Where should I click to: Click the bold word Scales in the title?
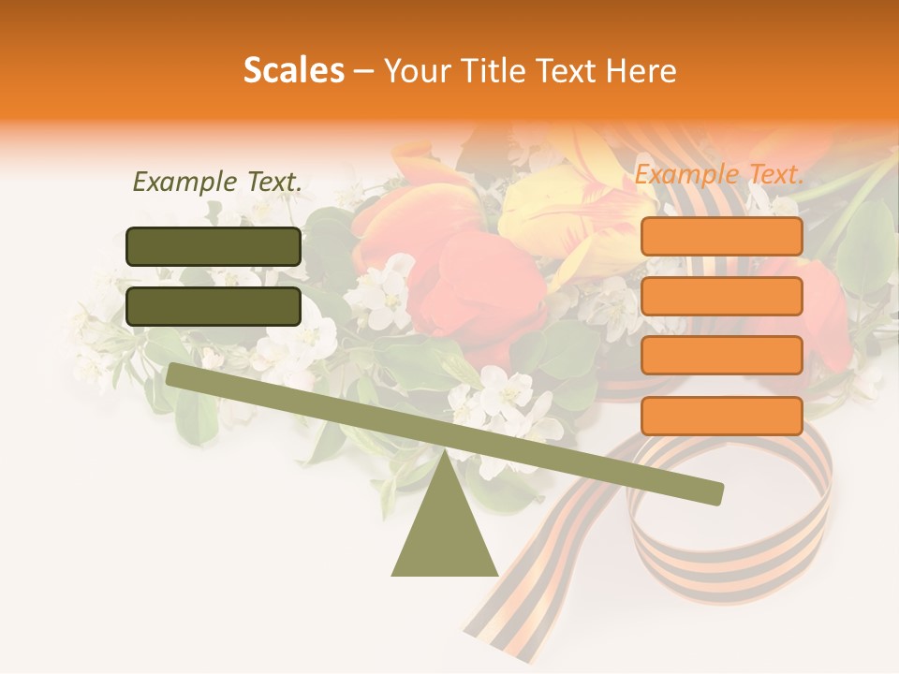pyautogui.click(x=293, y=71)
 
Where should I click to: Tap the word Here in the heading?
pyautogui.click(x=641, y=71)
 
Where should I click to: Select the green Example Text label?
pyautogui.click(x=217, y=183)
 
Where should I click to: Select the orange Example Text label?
pyautogui.click(x=719, y=174)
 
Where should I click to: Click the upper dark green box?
pyautogui.click(x=214, y=246)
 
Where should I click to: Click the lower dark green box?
pyautogui.click(x=214, y=306)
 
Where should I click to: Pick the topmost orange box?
pyautogui.click(x=721, y=237)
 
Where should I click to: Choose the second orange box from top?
pyautogui.click(x=721, y=297)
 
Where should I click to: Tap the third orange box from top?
pyautogui.click(x=721, y=356)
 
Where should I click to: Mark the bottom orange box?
pyautogui.click(x=721, y=416)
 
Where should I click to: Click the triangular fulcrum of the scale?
pyautogui.click(x=444, y=534)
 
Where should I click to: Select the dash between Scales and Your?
pyautogui.click(x=364, y=71)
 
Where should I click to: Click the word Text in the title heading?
pyautogui.click(x=570, y=71)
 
